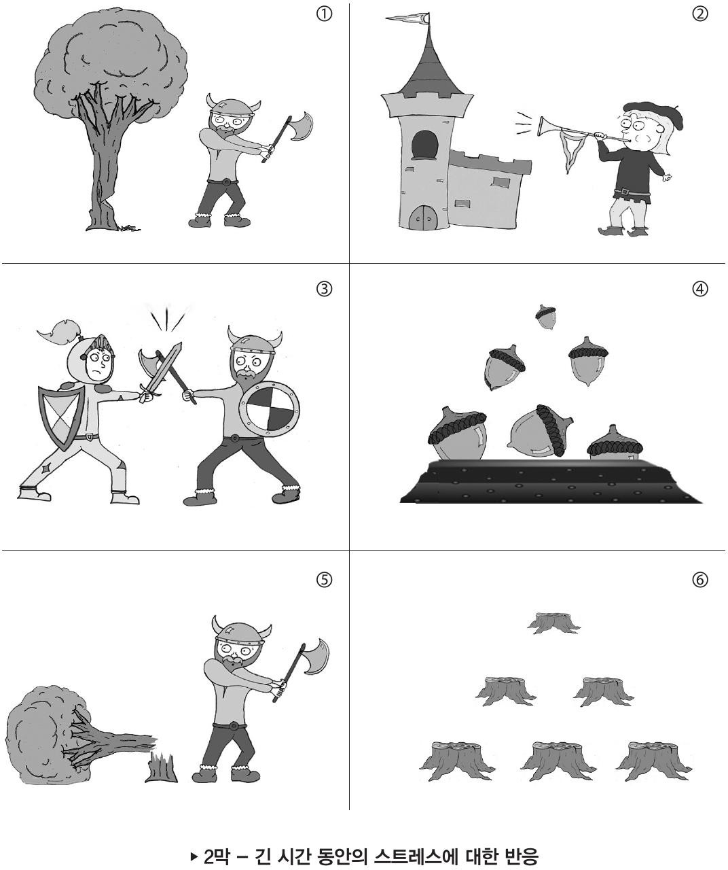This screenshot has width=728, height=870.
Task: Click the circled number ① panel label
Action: [324, 14]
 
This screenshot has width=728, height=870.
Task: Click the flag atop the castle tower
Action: [407, 19]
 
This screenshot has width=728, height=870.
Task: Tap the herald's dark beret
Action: [655, 114]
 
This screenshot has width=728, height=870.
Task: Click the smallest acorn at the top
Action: [546, 317]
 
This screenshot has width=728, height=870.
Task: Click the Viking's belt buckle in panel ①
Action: [225, 181]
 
